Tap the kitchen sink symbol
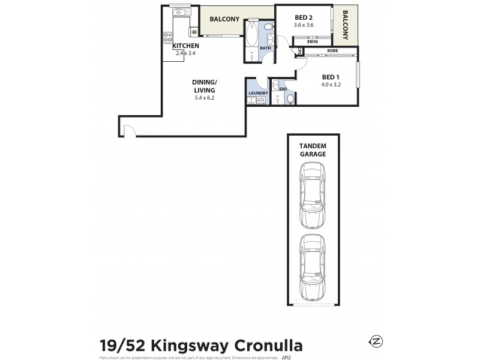179,12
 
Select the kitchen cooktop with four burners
167,37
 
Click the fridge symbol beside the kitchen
194,31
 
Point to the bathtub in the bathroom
251,32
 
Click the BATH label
266,48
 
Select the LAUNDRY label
257,93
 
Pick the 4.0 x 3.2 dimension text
331,85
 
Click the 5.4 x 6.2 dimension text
204,97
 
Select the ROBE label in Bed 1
332,51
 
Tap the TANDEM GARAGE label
313,150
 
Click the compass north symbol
376,341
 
